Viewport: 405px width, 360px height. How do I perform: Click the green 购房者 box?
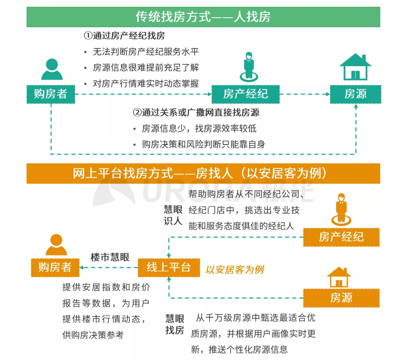pyautogui.click(x=51, y=94)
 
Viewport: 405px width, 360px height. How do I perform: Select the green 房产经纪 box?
pyautogui.click(x=245, y=94)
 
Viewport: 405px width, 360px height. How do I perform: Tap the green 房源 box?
pyautogui.click(x=355, y=94)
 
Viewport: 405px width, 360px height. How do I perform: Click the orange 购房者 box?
pyautogui.click(x=55, y=267)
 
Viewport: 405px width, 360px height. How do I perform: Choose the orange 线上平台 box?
pyautogui.click(x=169, y=267)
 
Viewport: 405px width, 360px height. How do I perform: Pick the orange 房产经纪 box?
pyautogui.click(x=341, y=237)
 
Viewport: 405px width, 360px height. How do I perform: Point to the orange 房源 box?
pyautogui.click(x=341, y=298)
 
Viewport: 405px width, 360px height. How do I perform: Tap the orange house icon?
pyautogui.click(x=339, y=277)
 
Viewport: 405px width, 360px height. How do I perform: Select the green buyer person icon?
pyautogui.click(x=52, y=69)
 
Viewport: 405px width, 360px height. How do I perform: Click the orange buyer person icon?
pyautogui.click(x=56, y=245)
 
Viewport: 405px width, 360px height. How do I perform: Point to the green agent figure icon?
pyautogui.click(x=249, y=66)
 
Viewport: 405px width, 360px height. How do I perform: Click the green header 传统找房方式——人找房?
pyautogui.click(x=203, y=17)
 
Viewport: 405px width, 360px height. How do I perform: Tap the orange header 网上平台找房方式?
pyautogui.click(x=203, y=173)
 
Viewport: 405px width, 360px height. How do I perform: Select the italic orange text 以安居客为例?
pyautogui.click(x=234, y=270)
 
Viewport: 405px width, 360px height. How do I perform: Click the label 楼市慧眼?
pyautogui.click(x=110, y=257)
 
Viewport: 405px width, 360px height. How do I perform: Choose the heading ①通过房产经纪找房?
pyautogui.click(x=124, y=36)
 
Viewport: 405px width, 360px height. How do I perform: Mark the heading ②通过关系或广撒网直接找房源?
pyautogui.click(x=196, y=113)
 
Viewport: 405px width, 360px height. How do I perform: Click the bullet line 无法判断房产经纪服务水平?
pyautogui.click(x=145, y=52)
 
